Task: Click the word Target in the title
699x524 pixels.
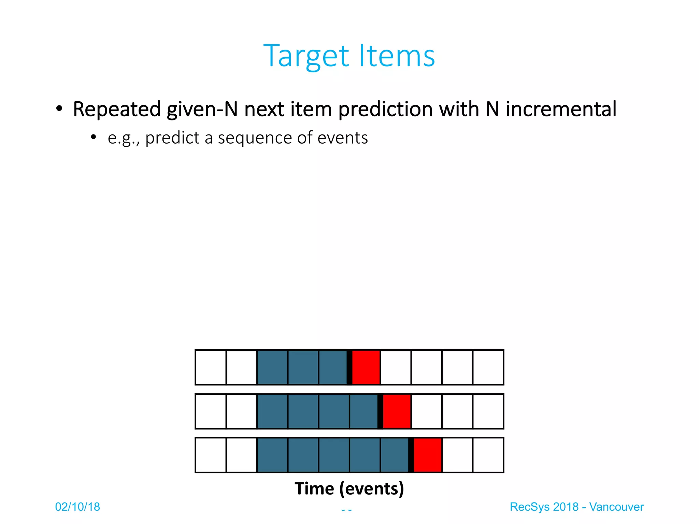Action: [306, 56]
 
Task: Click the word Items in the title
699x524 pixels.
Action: [397, 56]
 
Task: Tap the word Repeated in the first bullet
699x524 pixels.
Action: [117, 110]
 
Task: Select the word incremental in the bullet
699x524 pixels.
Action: [561, 110]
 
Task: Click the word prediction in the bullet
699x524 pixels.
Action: [385, 110]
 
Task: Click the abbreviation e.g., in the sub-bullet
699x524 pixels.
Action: [124, 139]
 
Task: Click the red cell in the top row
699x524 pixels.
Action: [366, 367]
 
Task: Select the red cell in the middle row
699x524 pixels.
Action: [397, 411]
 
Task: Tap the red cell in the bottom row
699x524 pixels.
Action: [427, 455]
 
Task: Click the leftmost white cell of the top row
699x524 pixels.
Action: [211, 367]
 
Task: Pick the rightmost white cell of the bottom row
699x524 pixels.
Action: [488, 455]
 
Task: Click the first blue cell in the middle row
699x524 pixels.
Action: [272, 411]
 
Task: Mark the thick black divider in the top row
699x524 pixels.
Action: [349, 367]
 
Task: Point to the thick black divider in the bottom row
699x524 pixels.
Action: [411, 455]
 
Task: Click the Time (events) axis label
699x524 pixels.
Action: [349, 489]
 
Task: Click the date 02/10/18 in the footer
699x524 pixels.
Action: [77, 507]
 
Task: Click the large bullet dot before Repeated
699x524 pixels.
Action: [59, 109]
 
